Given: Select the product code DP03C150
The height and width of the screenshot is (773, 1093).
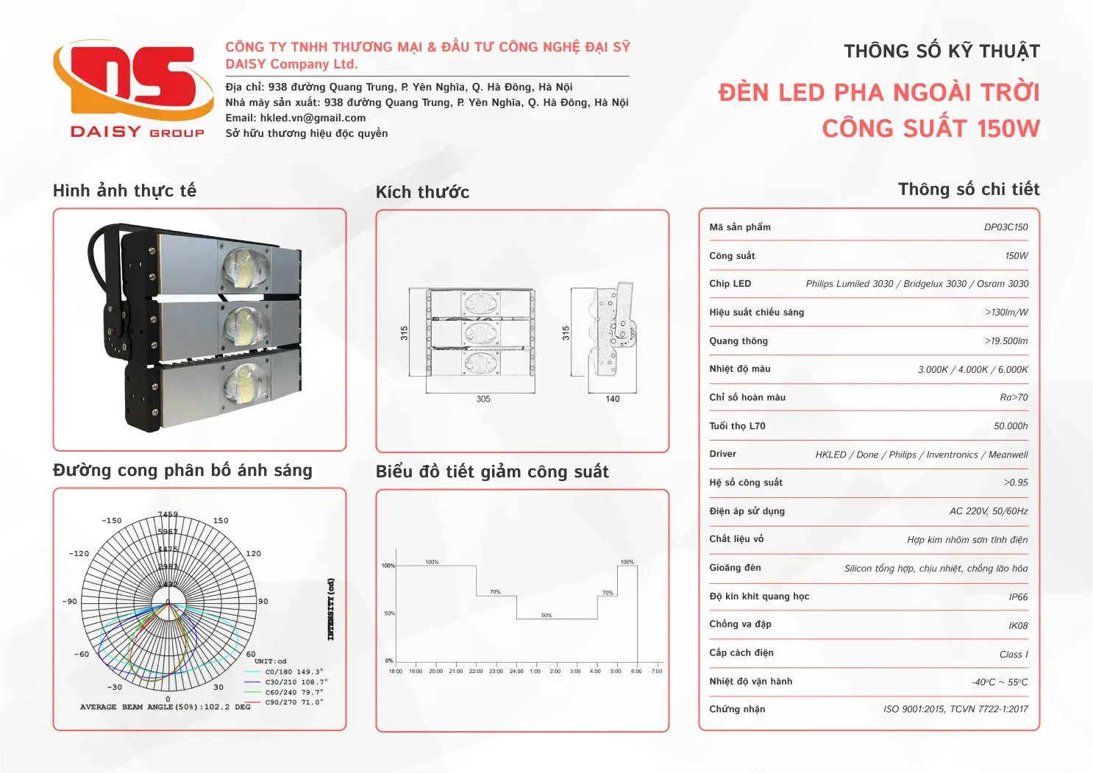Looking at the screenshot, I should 1005,227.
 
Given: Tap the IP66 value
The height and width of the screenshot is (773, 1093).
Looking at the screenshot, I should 1018,597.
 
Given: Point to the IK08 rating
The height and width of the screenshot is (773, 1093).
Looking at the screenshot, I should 1018,626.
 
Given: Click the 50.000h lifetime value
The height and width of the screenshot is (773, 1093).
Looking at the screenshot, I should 1011,426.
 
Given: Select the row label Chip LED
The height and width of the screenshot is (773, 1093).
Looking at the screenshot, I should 730,284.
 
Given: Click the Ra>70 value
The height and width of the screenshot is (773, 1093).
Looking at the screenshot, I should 1014,398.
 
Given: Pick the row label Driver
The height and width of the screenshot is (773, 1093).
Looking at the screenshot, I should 722,454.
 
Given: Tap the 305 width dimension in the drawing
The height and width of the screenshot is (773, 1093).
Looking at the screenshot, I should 483,399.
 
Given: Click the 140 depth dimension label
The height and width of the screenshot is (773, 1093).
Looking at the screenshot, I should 613,399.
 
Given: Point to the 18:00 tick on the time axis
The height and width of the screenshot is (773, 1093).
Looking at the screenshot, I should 396,671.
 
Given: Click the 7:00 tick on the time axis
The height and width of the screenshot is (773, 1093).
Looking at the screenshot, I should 657,671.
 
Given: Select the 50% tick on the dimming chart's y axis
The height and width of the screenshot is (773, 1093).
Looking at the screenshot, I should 389,613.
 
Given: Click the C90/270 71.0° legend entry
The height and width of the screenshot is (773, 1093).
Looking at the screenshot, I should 293,702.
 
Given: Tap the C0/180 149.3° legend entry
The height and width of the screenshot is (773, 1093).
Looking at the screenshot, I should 293,672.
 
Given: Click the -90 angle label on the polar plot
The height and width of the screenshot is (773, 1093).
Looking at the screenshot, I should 70,602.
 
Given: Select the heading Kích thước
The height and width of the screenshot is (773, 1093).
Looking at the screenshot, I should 422,193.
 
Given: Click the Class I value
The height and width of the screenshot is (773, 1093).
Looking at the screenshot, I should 1014,655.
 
